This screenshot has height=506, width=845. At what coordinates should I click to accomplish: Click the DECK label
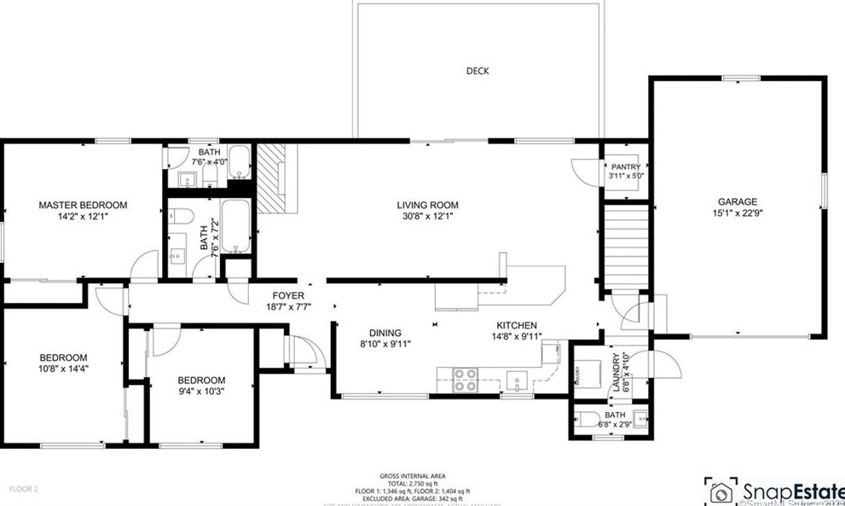(477, 72)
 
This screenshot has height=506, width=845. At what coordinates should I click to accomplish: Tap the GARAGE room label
(737, 202)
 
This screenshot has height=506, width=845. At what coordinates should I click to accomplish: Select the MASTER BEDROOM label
(84, 206)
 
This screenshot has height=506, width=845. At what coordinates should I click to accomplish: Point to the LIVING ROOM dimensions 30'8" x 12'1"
(427, 217)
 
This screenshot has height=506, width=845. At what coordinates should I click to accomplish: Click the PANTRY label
(625, 167)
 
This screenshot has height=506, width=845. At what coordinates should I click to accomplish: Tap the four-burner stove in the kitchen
(466, 378)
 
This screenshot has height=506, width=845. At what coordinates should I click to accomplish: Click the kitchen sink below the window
(517, 379)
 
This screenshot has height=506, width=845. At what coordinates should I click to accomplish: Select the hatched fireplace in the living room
(276, 177)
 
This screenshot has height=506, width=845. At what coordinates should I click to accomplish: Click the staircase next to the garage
(624, 244)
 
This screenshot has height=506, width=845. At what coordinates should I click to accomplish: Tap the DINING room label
(385, 334)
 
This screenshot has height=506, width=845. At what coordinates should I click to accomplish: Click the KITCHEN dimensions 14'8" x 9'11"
(517, 337)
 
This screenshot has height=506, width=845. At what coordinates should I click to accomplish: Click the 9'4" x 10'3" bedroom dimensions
(201, 393)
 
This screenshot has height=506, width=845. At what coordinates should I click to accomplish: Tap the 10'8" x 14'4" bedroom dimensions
(64, 369)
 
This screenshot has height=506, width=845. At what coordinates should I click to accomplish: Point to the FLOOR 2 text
(25, 489)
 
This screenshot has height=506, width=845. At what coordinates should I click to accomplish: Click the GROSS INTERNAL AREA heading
(412, 476)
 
